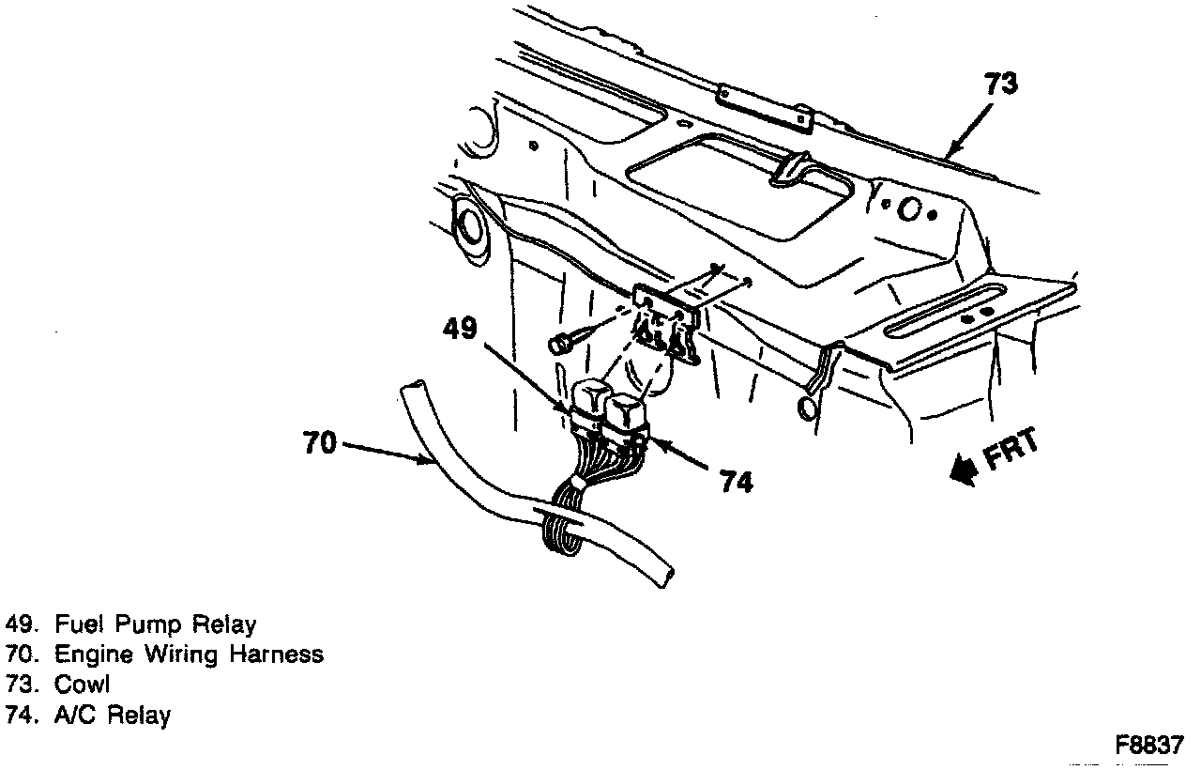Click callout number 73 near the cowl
coord(1000,85)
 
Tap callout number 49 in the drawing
coord(461,329)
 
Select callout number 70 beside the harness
coord(319,442)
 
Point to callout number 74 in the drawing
coord(736,482)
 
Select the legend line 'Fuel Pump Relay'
coord(155,624)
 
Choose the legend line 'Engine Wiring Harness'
coord(189,654)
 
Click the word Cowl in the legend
coord(83,685)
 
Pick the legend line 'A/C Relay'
coord(113,716)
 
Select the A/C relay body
coord(627,413)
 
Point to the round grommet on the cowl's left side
coord(468,226)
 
